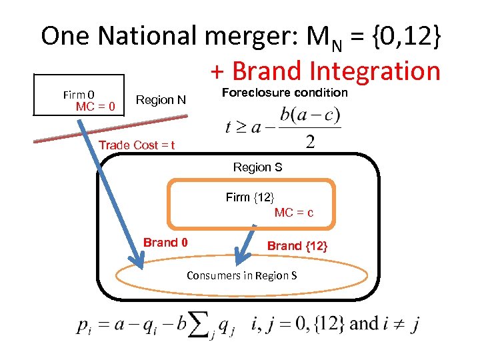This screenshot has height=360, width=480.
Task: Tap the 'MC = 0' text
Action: pyautogui.click(x=95, y=107)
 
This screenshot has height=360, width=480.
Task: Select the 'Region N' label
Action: pyautogui.click(x=161, y=100)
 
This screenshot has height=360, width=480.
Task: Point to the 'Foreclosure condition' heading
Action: pyautogui.click(x=284, y=93)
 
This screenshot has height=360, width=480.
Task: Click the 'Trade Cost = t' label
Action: pyautogui.click(x=137, y=145)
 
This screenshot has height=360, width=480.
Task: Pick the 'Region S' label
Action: pyautogui.click(x=257, y=167)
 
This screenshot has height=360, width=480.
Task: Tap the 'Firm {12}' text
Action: pyautogui.click(x=250, y=197)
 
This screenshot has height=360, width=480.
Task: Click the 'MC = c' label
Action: pyautogui.click(x=294, y=213)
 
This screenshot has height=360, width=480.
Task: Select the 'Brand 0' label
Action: pyautogui.click(x=165, y=243)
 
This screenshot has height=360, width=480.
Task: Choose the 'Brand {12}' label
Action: pyautogui.click(x=297, y=246)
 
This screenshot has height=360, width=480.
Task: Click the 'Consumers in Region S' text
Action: pyautogui.click(x=242, y=275)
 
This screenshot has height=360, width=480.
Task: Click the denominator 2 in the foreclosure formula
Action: pyautogui.click(x=309, y=142)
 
